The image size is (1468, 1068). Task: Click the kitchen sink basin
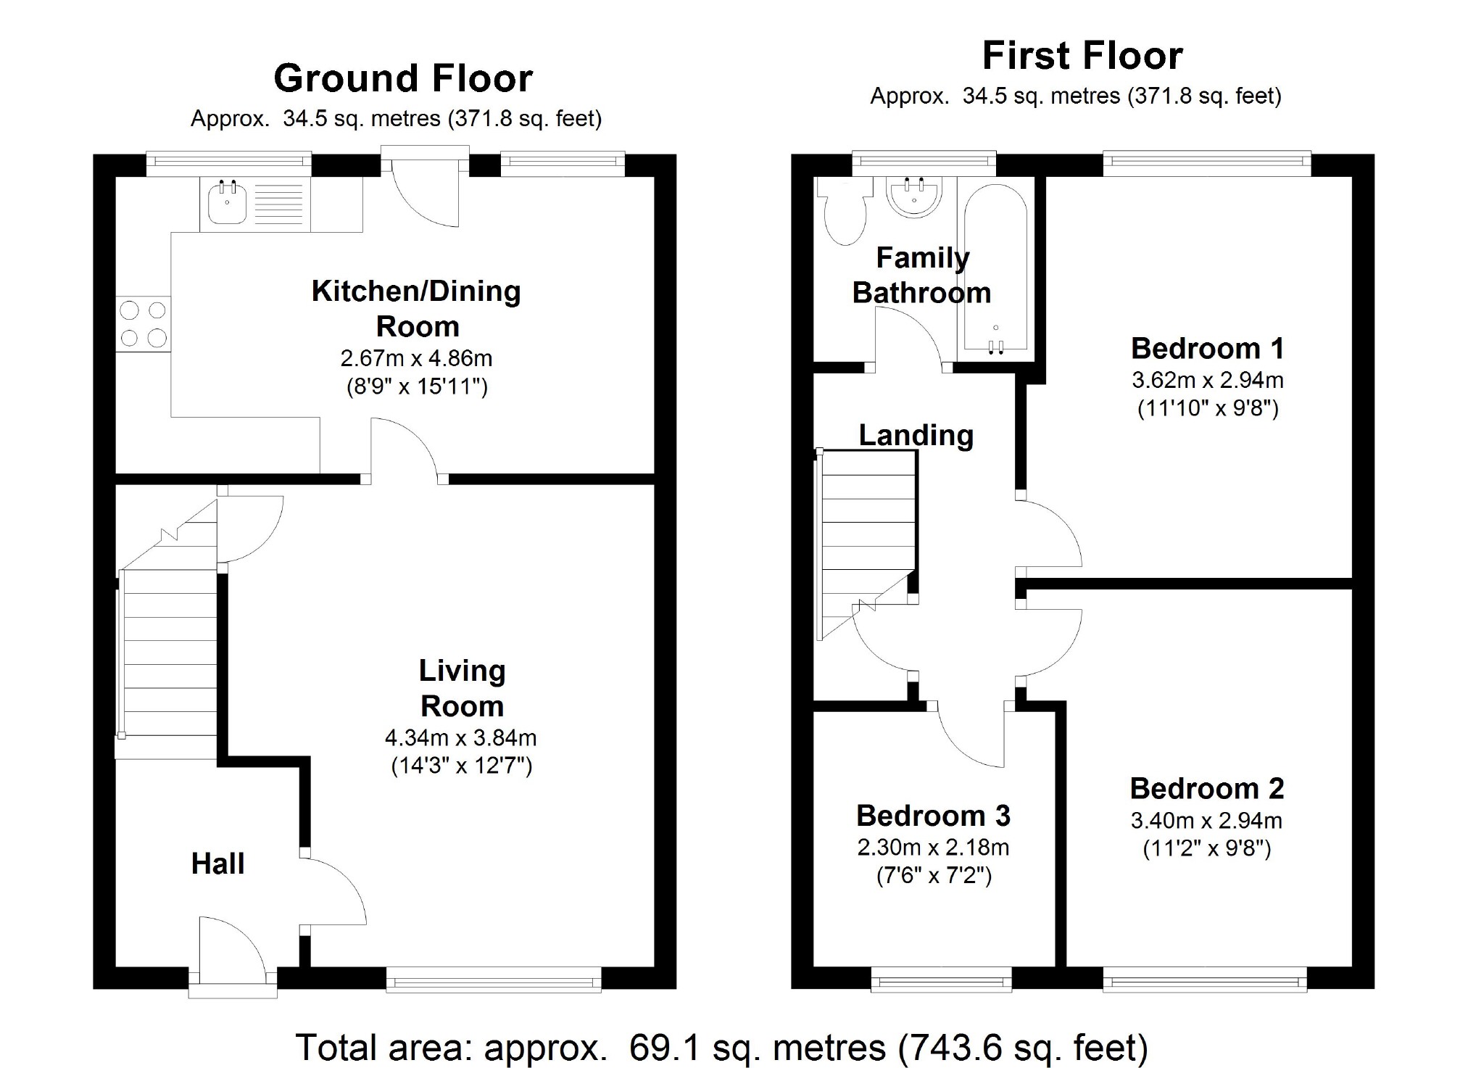[227, 203]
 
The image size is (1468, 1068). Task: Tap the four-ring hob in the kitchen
[144, 324]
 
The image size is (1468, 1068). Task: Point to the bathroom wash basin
[915, 196]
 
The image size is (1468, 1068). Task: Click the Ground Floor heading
[403, 78]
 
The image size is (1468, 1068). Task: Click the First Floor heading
[1082, 56]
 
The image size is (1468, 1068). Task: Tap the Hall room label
[217, 864]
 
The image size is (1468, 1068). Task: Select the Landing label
[916, 435]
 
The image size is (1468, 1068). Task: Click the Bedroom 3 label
[933, 816]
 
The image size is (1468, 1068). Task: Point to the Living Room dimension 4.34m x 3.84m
[460, 738]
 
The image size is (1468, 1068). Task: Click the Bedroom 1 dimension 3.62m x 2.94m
[1207, 380]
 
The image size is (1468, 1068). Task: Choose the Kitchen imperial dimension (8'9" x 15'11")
[417, 386]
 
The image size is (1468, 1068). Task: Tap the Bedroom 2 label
[1206, 788]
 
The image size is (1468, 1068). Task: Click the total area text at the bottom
[721, 1048]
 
